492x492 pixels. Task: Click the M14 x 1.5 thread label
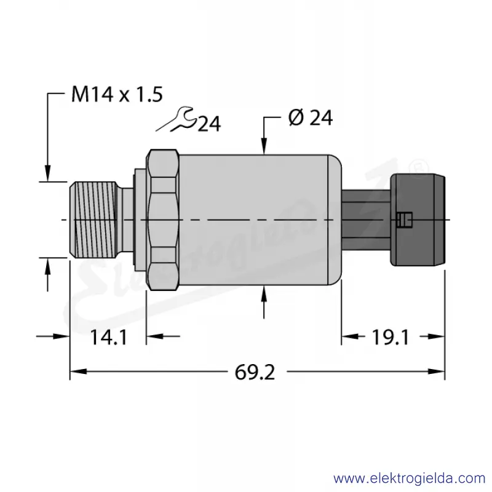[117, 94]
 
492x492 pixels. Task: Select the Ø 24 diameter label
[311, 118]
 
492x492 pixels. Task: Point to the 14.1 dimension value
[109, 338]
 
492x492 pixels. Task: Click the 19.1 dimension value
[391, 338]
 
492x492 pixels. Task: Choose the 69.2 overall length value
[255, 373]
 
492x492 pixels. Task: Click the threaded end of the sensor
[93, 220]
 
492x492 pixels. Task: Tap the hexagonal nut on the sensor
[163, 220]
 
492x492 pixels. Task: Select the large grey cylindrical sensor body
[260, 220]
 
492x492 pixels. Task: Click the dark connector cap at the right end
[418, 220]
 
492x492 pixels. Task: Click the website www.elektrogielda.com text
[410, 479]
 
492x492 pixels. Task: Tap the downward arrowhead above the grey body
[264, 146]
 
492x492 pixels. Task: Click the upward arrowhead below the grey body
[264, 294]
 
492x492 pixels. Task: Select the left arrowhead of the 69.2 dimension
[78, 371]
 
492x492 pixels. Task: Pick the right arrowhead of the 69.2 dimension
[437, 371]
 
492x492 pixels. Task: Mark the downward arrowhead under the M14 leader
[47, 173]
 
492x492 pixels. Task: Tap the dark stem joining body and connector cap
[366, 220]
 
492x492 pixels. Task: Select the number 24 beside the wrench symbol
[209, 124]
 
